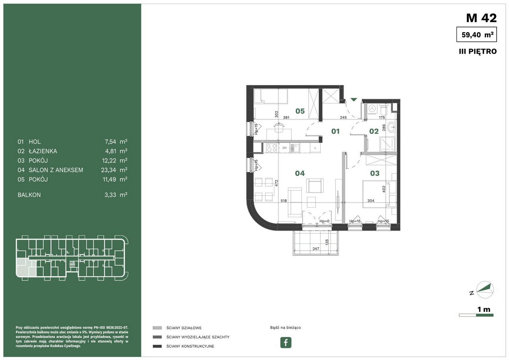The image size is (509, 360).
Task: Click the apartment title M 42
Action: coord(481,18)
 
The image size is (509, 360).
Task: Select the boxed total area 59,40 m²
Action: coord(476,35)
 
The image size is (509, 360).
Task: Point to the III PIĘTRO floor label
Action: coord(478,52)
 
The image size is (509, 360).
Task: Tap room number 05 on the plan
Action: coord(300,111)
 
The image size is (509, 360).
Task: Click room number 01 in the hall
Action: coord(335,131)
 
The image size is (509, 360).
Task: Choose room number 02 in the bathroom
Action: coord(374,131)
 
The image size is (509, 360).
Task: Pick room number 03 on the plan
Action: coord(375,173)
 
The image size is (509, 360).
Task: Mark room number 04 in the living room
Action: coord(300,173)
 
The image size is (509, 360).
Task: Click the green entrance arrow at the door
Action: coord(354,99)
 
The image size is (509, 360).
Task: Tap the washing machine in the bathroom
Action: coord(372,109)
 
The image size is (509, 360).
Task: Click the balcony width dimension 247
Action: coord(316,249)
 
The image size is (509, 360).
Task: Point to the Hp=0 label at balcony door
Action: coord(324,221)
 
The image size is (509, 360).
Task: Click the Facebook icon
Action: coord(286,342)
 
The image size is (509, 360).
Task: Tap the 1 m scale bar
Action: coord(476,315)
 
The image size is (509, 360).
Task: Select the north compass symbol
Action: coord(485,290)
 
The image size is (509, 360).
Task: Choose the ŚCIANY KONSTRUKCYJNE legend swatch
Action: coord(157,346)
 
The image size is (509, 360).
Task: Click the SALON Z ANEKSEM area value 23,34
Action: coord(109,170)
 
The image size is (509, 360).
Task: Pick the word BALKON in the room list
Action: coord(29,195)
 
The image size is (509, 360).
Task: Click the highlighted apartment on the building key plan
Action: coord(25,267)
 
